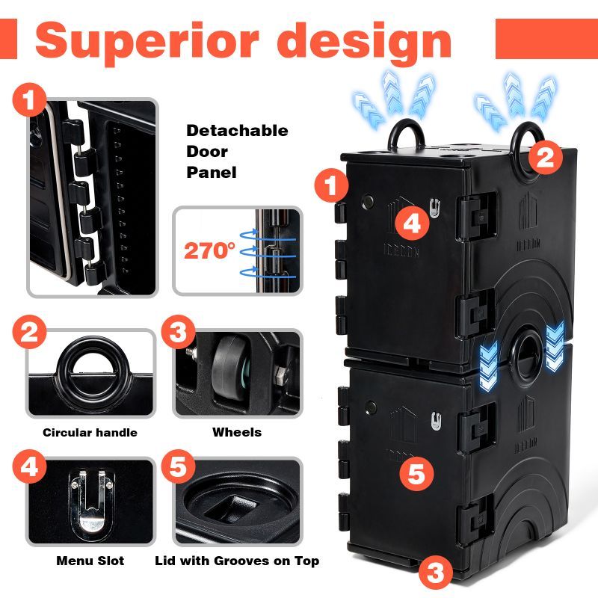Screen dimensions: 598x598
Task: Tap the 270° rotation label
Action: pos(209,250)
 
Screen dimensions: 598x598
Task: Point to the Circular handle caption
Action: pos(90,432)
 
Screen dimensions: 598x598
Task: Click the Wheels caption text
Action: pos(237,432)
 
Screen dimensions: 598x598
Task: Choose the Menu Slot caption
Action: pos(90,561)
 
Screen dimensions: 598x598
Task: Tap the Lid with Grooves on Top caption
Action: pos(237,561)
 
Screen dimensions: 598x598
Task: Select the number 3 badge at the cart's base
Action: pos(435,573)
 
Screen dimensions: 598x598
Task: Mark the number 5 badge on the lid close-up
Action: pos(178,469)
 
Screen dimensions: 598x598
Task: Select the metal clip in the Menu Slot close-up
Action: pos(89,502)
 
